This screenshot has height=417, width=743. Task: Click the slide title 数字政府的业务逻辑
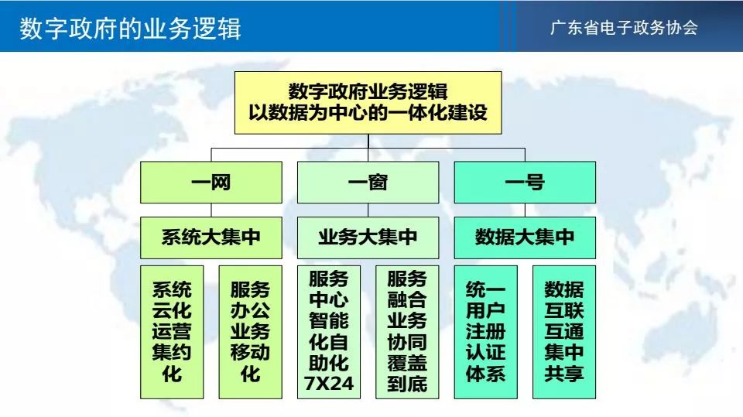pyautogui.click(x=130, y=29)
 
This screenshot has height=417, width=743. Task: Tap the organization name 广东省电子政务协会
pyautogui.click(x=624, y=28)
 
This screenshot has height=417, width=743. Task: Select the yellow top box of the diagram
pyautogui.click(x=368, y=103)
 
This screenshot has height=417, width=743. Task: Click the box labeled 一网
pyautogui.click(x=211, y=183)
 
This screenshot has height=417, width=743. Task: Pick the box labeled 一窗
pyautogui.click(x=368, y=183)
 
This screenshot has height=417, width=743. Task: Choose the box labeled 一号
pyautogui.click(x=525, y=183)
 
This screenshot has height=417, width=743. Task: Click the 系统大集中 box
pyautogui.click(x=211, y=238)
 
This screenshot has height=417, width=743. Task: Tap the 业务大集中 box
pyautogui.click(x=368, y=238)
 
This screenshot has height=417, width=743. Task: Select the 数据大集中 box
pyautogui.click(x=525, y=238)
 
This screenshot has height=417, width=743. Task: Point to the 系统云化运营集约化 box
pyautogui.click(x=172, y=332)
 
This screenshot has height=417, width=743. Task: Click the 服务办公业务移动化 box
pyautogui.click(x=251, y=332)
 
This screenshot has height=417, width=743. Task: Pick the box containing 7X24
pyautogui.click(x=329, y=332)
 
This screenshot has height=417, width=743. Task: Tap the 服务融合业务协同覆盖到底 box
pyautogui.click(x=408, y=332)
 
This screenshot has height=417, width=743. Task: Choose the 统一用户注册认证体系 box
pyautogui.click(x=486, y=332)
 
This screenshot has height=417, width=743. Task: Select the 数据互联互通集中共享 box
pyautogui.click(x=564, y=332)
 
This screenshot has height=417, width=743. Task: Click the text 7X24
pyautogui.click(x=329, y=384)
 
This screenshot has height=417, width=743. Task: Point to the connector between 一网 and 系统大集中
pyautogui.click(x=211, y=210)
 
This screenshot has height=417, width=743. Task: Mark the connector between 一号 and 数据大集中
pyautogui.click(x=525, y=210)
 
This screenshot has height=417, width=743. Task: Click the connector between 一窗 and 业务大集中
pyautogui.click(x=368, y=210)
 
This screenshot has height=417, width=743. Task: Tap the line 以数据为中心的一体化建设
pyautogui.click(x=368, y=113)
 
